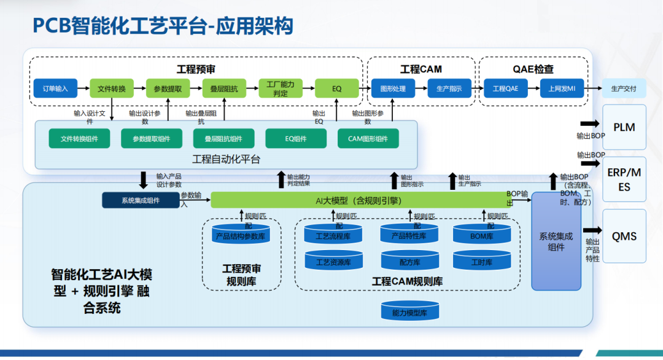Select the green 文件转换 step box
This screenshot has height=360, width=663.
coord(112,88)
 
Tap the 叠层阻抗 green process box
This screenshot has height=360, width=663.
coord(224,88)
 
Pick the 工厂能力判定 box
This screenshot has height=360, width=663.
coord(280,88)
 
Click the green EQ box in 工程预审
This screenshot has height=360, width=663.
coord(336,88)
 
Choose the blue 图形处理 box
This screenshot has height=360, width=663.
coord(393,88)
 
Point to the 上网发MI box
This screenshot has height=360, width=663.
coord(562,88)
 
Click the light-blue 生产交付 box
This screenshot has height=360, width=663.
coord(624,88)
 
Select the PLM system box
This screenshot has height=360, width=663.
coord(624,127)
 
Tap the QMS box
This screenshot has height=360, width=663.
coord(624,236)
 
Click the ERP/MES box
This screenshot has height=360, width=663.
coord(624,179)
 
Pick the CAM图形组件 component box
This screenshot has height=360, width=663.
coord(368,139)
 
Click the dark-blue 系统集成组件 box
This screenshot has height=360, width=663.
coord(141,200)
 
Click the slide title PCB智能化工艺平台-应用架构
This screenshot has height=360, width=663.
coord(163,26)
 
